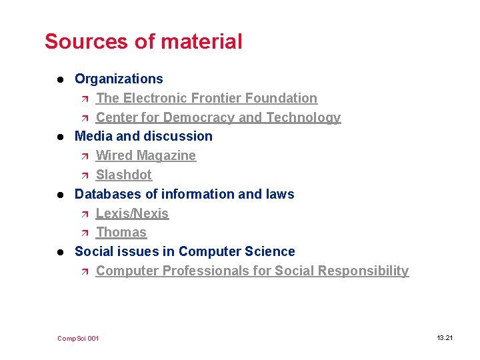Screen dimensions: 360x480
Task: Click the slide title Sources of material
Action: coord(143,41)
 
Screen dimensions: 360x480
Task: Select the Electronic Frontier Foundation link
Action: coord(207,98)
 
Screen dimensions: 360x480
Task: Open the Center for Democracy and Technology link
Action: coord(218,117)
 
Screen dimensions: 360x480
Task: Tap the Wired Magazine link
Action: coord(146,155)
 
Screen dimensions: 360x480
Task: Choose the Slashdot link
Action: coord(124,175)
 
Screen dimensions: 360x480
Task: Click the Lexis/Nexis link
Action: coord(132,213)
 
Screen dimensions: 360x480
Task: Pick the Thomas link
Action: coord(121,232)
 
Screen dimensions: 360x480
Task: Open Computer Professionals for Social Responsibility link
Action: coord(252,271)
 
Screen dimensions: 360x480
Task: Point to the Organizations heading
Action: coord(119,79)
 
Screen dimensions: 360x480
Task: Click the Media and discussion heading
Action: coord(143,136)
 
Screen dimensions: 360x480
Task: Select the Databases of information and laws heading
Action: coord(184,194)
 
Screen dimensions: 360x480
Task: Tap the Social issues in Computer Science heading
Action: coord(185,251)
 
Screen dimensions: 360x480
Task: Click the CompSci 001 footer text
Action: coord(78,339)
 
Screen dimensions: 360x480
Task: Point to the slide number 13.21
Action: coord(445,338)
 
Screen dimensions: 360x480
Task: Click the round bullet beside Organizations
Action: coord(59,79)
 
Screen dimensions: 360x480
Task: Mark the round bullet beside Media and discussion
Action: coord(59,137)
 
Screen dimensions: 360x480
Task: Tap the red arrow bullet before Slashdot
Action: coord(83,175)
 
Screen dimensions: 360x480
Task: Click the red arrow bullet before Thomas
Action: coord(83,233)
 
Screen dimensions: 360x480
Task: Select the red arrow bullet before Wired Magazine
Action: coord(83,156)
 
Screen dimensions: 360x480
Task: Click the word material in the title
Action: coord(201,41)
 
